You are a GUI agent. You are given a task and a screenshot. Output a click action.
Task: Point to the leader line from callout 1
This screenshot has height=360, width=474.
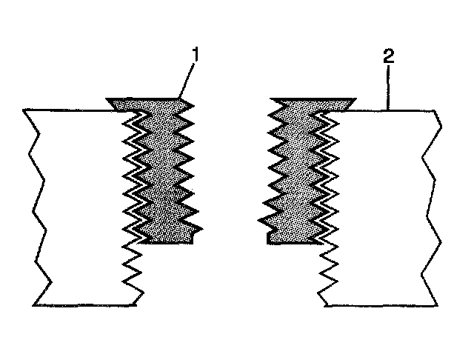click(188, 79)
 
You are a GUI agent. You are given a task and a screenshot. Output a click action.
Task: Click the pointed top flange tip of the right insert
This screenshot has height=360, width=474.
click(357, 99)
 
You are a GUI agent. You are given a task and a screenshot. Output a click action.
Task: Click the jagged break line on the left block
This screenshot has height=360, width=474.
click(38, 207)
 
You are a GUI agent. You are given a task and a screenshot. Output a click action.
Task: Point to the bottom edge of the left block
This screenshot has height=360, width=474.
click(85, 304)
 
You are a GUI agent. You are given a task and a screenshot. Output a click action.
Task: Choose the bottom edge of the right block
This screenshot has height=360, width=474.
click(378, 304)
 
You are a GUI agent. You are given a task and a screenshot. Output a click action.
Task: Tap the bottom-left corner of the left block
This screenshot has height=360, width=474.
click(35, 304)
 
